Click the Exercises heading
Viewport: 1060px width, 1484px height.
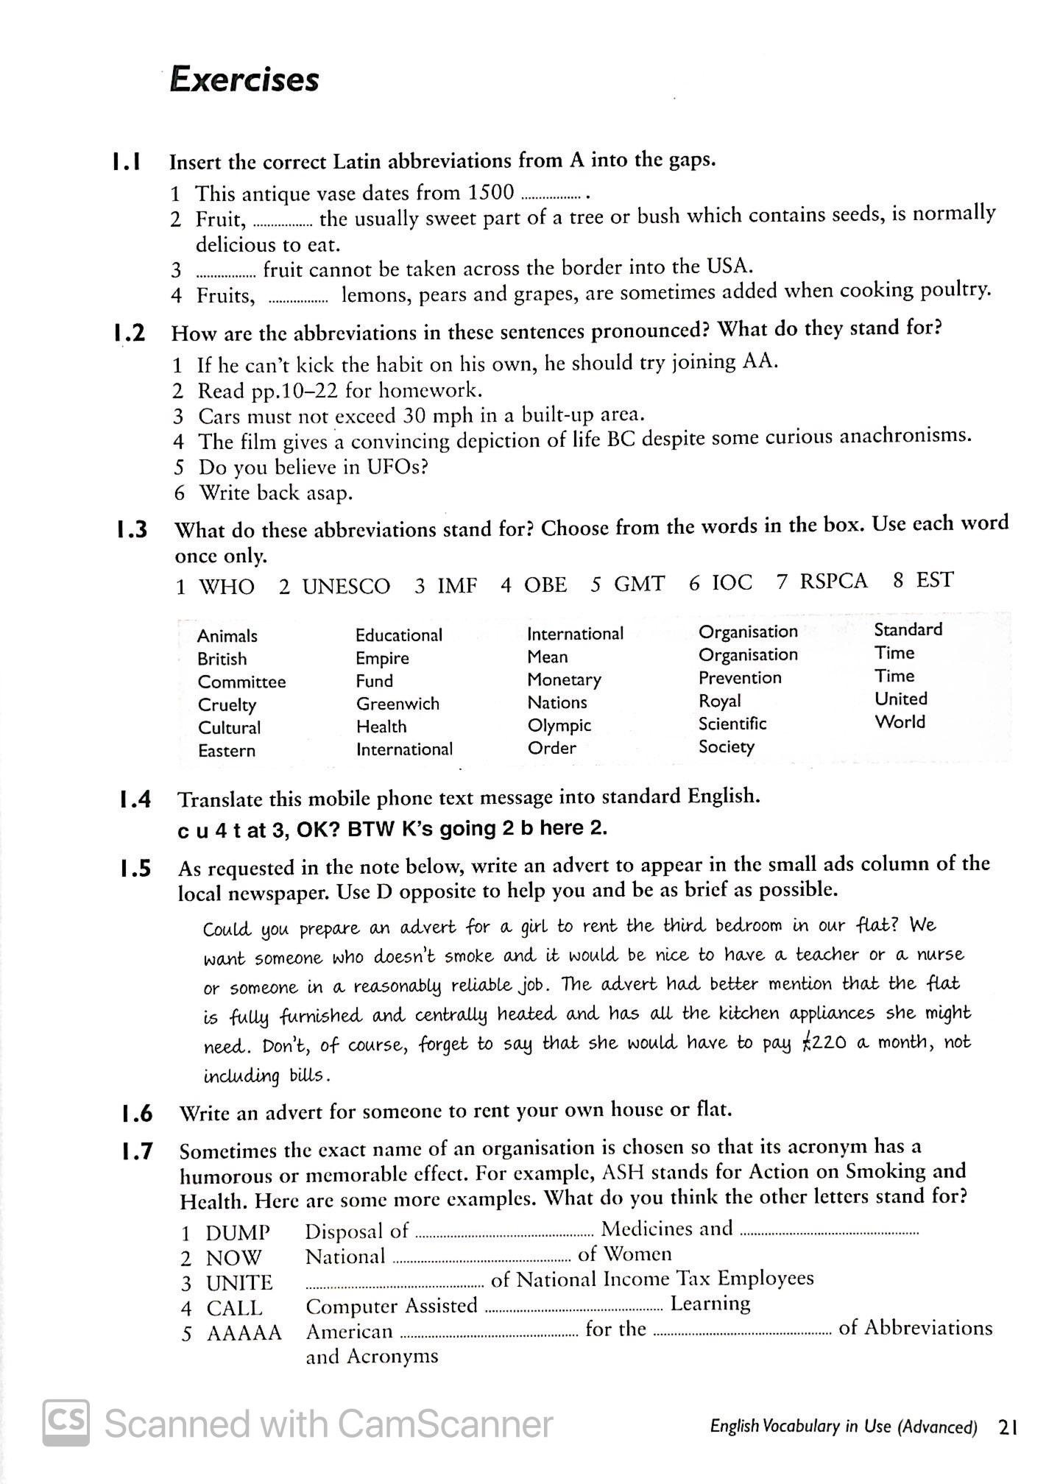(244, 79)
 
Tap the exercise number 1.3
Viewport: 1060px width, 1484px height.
(132, 529)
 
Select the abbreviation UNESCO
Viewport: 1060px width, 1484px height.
(345, 586)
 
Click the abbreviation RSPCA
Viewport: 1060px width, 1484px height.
(833, 581)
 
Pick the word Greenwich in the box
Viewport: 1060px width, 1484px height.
(397, 704)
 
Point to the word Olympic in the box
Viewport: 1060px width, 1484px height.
(559, 725)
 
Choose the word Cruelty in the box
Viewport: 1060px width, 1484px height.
(227, 704)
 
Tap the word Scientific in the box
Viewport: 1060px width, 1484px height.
(732, 724)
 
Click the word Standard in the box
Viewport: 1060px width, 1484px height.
(908, 629)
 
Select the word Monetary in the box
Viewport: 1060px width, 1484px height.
(564, 679)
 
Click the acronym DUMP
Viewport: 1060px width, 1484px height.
(238, 1232)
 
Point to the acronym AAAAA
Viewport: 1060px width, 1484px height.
(244, 1333)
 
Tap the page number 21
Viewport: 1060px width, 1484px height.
(1008, 1427)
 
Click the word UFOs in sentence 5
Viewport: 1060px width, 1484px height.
(389, 467)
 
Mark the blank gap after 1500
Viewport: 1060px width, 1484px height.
(551, 197)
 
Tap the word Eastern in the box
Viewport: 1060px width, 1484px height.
(226, 751)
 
